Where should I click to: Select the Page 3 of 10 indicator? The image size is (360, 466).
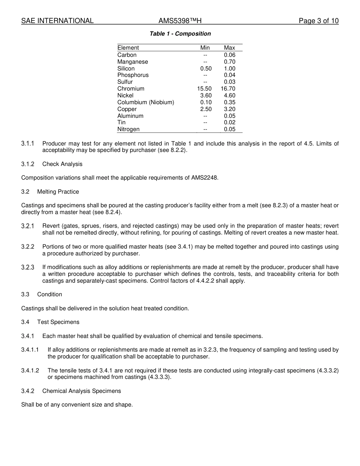[x=318, y=21]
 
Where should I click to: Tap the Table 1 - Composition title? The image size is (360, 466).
[x=180, y=34]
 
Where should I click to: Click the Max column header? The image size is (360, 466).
[x=229, y=48]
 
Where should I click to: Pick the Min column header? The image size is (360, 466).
[x=205, y=48]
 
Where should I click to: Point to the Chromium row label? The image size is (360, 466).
[x=131, y=89]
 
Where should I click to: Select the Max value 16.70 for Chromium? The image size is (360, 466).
[x=228, y=89]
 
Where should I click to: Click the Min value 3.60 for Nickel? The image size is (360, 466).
[x=206, y=95]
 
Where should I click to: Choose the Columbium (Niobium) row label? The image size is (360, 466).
[x=146, y=102]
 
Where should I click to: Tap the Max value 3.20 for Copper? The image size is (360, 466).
[x=229, y=109]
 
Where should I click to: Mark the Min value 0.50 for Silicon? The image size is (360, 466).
[x=206, y=69]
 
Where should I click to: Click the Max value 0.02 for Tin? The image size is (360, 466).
[x=229, y=122]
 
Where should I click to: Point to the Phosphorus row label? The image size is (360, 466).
[x=133, y=75]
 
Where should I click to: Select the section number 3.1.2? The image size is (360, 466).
[x=28, y=164]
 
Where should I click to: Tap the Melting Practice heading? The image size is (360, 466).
[x=58, y=192]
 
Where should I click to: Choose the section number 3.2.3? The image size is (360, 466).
[x=28, y=267]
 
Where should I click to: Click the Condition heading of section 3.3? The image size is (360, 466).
[x=50, y=294]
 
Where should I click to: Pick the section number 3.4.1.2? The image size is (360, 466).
[x=30, y=371]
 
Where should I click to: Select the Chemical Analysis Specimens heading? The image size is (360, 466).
[x=81, y=391]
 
